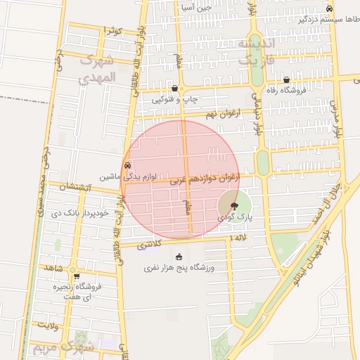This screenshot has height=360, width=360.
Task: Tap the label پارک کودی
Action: point(239,218)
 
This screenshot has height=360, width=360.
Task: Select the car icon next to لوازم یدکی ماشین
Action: point(127,166)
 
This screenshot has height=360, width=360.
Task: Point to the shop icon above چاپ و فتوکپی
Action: point(174,89)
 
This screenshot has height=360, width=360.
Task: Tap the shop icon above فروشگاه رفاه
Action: point(287,79)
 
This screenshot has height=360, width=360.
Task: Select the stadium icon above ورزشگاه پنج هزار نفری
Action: point(179,256)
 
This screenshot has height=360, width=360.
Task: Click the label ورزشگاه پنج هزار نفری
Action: point(179,268)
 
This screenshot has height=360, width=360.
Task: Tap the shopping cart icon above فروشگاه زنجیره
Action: point(76,276)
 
